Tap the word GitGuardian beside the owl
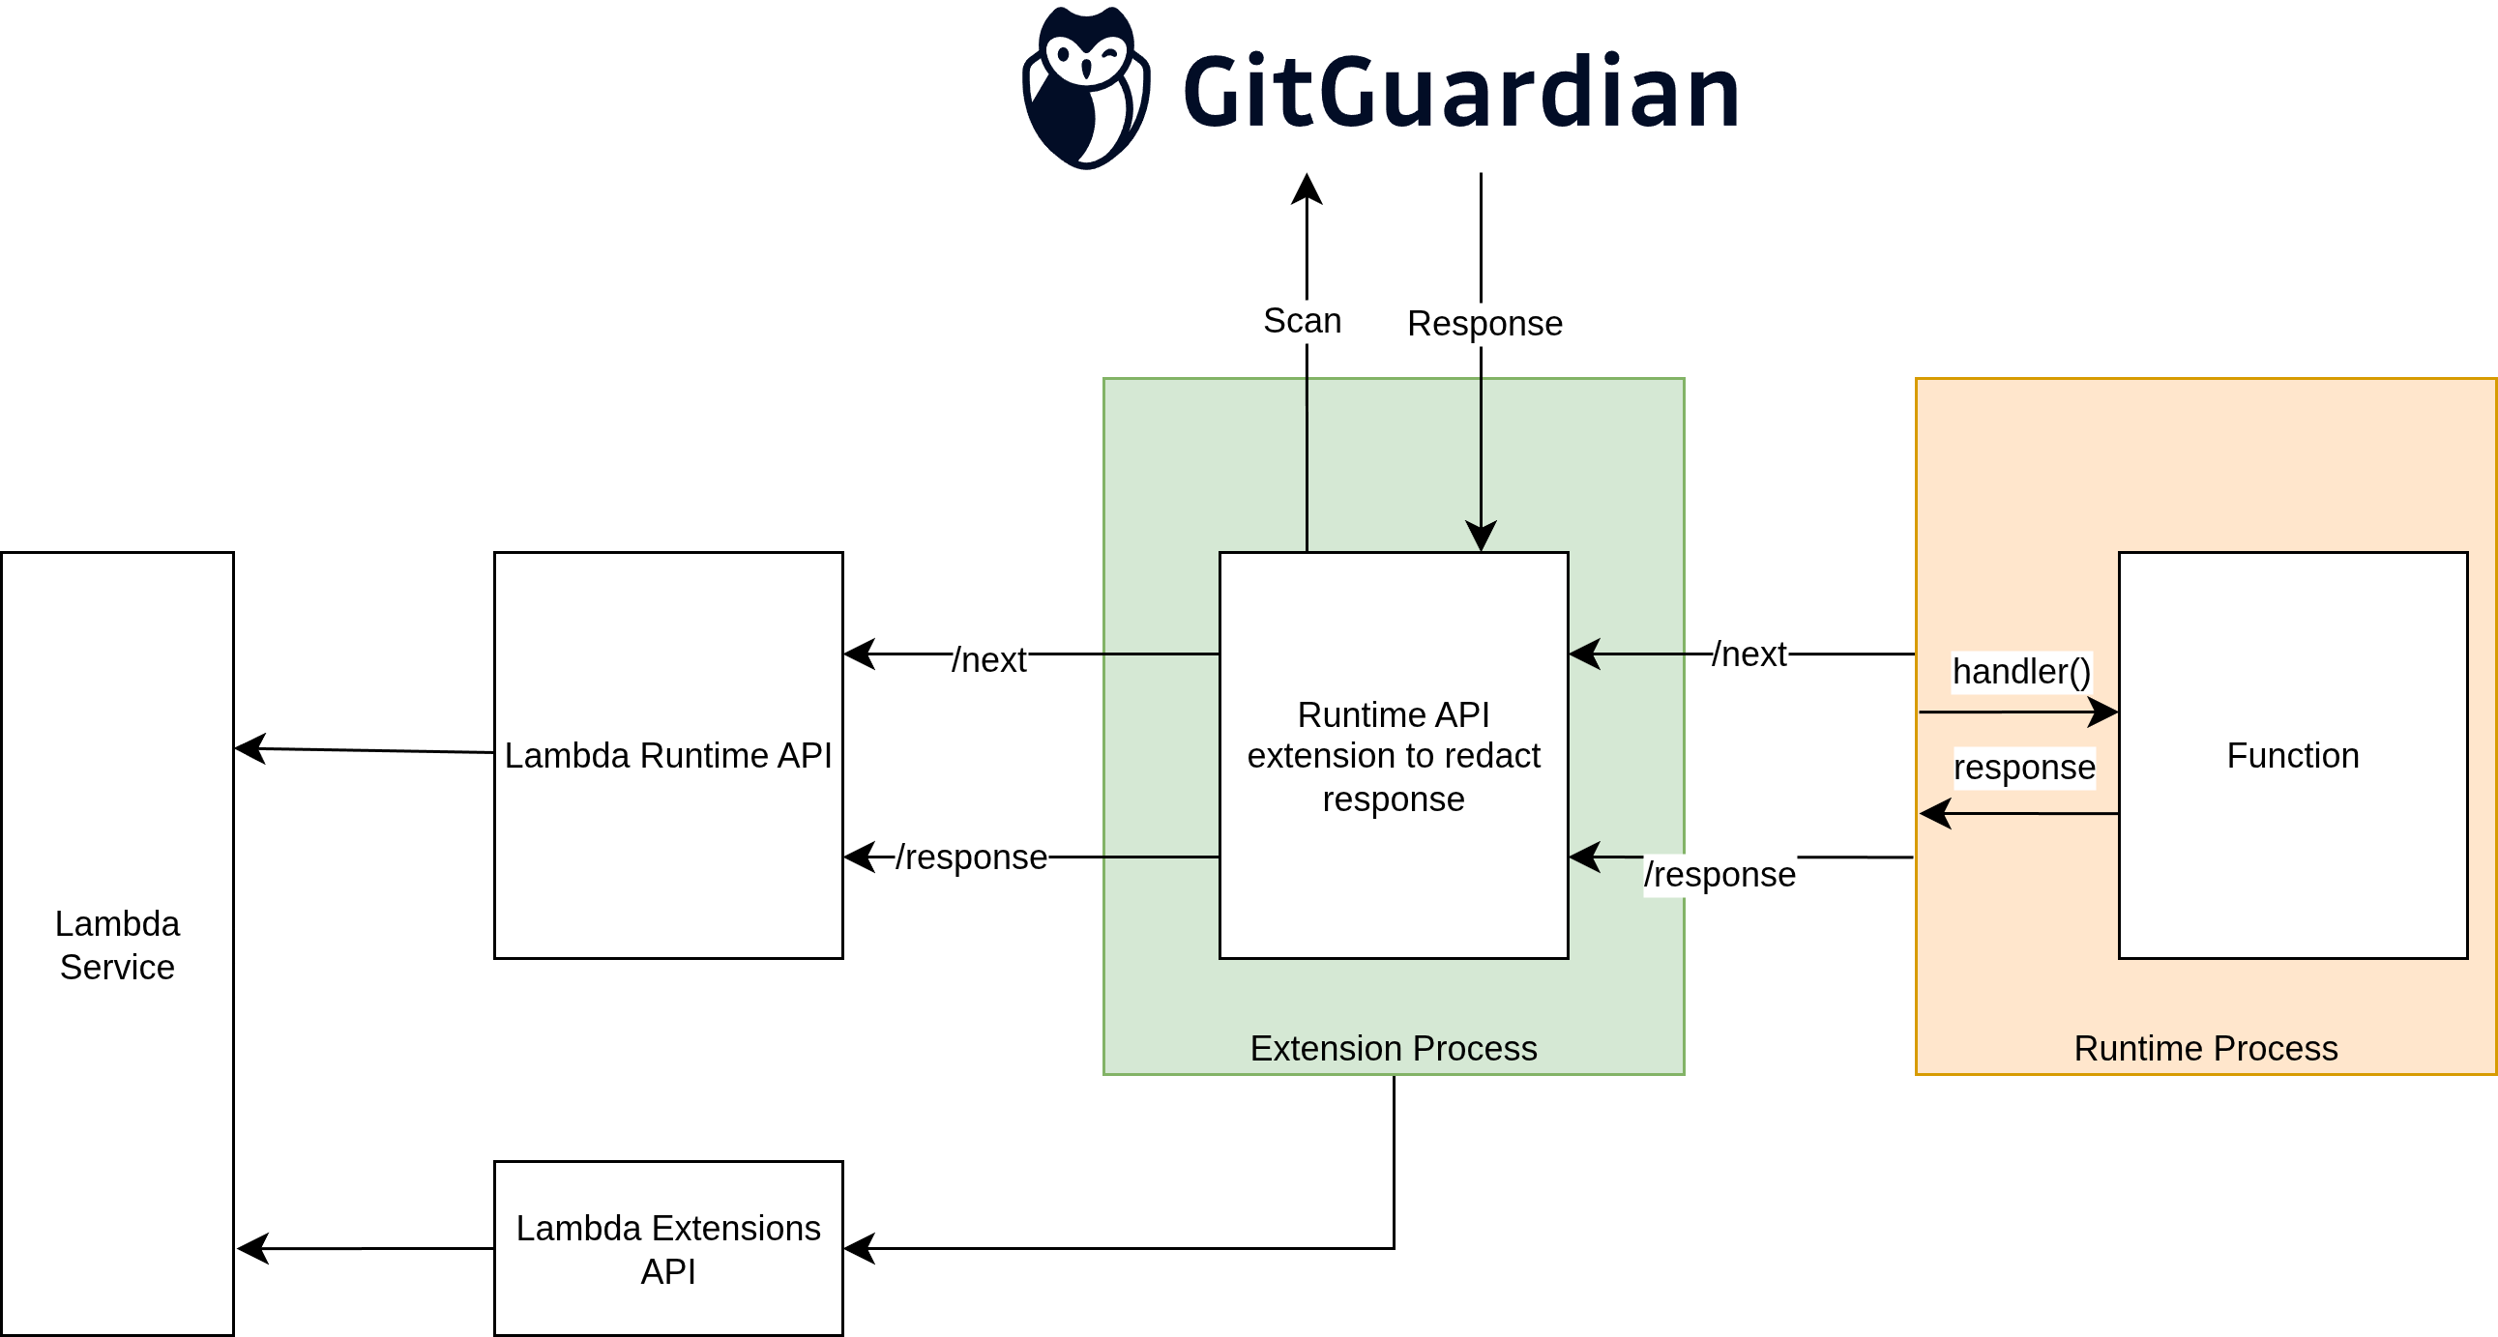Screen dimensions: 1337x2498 pos(1460,92)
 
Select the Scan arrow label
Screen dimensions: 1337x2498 pos(1303,321)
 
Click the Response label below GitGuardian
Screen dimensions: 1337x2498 pos(1484,324)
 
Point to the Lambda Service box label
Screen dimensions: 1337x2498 pos(117,945)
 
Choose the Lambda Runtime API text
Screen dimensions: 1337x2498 pos(668,755)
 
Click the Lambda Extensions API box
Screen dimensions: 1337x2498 pos(668,1249)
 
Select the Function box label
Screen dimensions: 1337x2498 pos(2292,755)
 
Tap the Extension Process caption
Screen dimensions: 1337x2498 pos(1394,1048)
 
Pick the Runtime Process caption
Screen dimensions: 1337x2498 pos(2206,1048)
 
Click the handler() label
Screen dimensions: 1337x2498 pos(2022,672)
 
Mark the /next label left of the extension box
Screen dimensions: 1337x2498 pos(989,660)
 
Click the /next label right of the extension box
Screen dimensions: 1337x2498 pos(1749,654)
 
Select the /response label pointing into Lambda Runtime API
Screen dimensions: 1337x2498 pos(971,857)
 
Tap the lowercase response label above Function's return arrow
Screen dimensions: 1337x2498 pos(2025,767)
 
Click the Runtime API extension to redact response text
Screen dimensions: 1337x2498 pos(1394,756)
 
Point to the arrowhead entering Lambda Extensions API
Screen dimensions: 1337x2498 pos(859,1249)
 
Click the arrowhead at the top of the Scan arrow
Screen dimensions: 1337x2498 pos(1308,189)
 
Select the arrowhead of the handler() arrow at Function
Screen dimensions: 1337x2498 pos(2103,712)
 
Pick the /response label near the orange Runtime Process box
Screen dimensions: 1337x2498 pos(1719,875)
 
